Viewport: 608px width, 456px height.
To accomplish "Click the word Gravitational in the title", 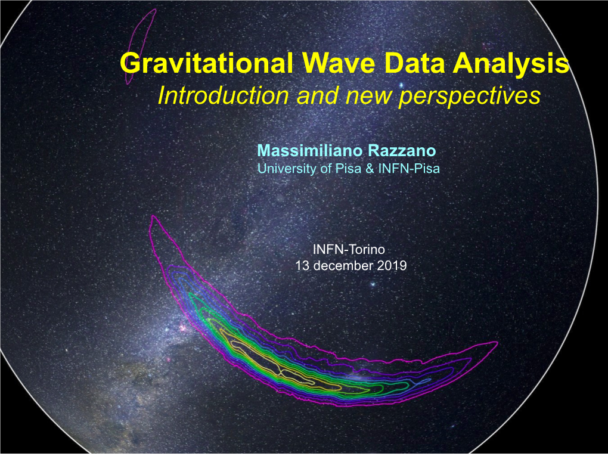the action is [x=206, y=63].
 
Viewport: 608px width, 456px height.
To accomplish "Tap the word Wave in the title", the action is [x=339, y=63].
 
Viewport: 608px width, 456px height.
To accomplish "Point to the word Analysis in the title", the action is [x=511, y=64].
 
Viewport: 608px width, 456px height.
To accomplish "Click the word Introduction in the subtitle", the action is [x=224, y=95].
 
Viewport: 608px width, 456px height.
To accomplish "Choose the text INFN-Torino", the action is [x=349, y=249].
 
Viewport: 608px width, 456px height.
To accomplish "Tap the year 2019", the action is [x=391, y=266].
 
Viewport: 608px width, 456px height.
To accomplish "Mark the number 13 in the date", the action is [x=302, y=266].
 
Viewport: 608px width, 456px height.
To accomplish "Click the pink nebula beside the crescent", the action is [x=183, y=328].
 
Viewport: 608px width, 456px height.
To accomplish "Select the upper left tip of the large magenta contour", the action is [x=154, y=216].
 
